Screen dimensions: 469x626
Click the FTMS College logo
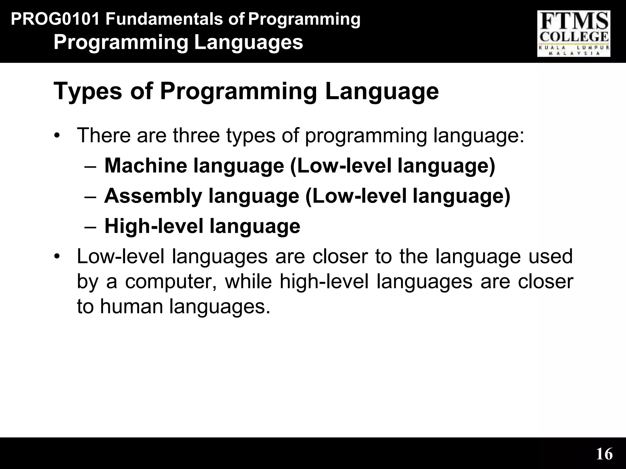574,34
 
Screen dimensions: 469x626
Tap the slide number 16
604,454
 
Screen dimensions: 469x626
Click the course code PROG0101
55,19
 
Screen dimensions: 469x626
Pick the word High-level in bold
154,226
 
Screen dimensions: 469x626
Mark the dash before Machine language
90,167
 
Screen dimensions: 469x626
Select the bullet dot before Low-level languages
56,256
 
